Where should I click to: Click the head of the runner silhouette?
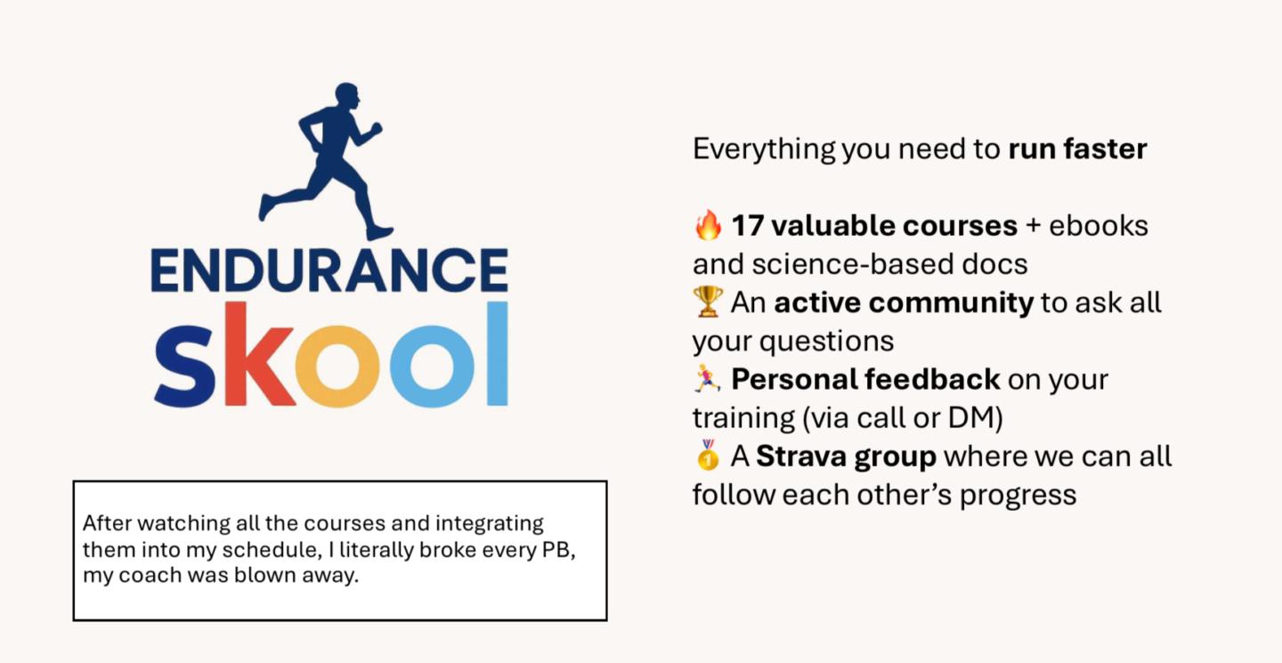347,95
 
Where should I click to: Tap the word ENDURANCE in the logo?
329,270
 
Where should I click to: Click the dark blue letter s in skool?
185,366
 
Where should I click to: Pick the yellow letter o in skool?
337,366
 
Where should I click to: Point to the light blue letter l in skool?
498,353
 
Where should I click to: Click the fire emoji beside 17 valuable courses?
708,225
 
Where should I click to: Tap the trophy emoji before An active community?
708,302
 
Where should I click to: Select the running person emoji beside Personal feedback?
708,379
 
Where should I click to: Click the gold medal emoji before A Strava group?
708,455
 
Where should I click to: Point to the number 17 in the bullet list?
748,225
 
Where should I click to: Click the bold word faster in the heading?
1105,149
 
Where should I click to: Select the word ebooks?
1099,225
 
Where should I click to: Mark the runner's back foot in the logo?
266,207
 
